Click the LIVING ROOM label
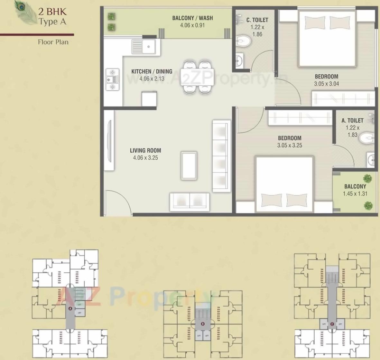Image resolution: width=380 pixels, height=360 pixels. [145, 150]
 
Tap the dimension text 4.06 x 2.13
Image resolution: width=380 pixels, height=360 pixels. [152, 79]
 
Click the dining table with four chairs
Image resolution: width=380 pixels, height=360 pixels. [197, 77]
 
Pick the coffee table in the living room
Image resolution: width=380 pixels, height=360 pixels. [189, 166]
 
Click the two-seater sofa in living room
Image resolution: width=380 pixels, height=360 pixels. [190, 201]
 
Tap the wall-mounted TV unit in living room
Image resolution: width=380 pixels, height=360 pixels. [109, 141]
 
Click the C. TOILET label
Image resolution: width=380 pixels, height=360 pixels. [257, 20]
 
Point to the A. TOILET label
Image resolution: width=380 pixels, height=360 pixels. [352, 120]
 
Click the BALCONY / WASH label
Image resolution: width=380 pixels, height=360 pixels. [192, 18]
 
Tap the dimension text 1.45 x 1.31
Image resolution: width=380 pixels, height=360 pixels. [355, 194]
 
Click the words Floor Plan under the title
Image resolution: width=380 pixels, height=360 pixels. [53, 42]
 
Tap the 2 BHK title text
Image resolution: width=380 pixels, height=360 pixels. [52, 12]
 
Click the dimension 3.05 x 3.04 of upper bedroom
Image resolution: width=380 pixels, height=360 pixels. [326, 84]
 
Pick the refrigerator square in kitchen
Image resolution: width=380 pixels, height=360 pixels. [149, 99]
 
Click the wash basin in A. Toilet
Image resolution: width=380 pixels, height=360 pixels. [371, 159]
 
